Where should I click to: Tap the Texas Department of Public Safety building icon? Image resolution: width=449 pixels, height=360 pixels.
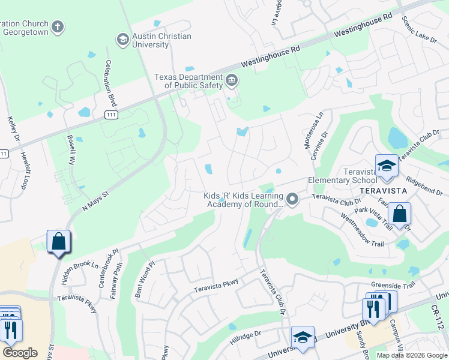[x=232, y=80]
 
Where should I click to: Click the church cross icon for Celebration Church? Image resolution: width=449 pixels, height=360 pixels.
[x=57, y=26]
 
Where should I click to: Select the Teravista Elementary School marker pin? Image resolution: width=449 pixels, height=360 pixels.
[x=387, y=166]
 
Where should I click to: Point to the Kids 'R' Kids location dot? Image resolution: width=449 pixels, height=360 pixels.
[x=292, y=199]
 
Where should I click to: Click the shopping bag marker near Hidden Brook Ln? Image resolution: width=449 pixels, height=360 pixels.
[x=58, y=242]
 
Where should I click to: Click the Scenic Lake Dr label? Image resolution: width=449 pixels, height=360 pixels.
[x=420, y=29]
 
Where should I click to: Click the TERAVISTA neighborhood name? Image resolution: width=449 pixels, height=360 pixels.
[x=383, y=190]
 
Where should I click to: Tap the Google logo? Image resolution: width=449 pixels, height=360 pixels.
[x=20, y=353]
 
